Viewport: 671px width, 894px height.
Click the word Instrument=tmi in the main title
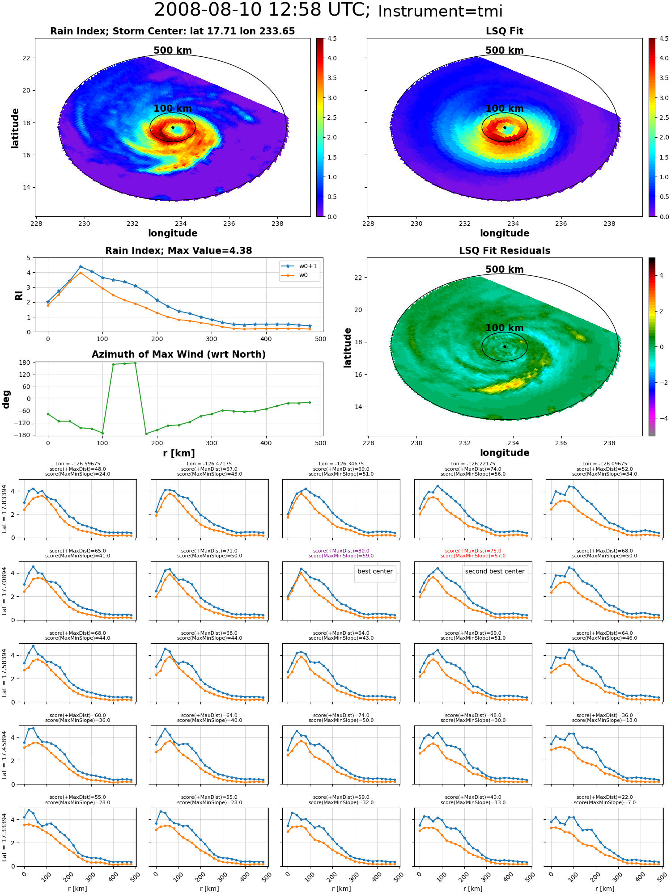pos(440,11)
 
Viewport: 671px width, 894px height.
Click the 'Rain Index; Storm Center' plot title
pos(173,31)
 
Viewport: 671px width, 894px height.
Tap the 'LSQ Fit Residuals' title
pos(505,251)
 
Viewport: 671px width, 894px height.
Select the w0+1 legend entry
pos(299,266)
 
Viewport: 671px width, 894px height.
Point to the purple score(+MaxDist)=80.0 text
pos(341,551)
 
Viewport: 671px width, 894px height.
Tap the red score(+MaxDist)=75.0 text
pos(473,551)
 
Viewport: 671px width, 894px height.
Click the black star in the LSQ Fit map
pos(505,127)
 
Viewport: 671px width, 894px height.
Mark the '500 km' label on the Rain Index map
pos(173,51)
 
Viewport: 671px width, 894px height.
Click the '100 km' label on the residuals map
pos(505,328)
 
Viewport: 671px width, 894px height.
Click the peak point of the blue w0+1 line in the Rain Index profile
pos(81,267)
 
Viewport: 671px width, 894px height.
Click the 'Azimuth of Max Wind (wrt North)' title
pos(178,354)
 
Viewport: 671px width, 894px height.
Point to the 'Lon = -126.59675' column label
pos(78,464)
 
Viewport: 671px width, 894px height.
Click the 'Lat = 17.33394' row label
pos(4,837)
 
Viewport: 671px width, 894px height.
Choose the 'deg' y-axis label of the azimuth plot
pos(6,399)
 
